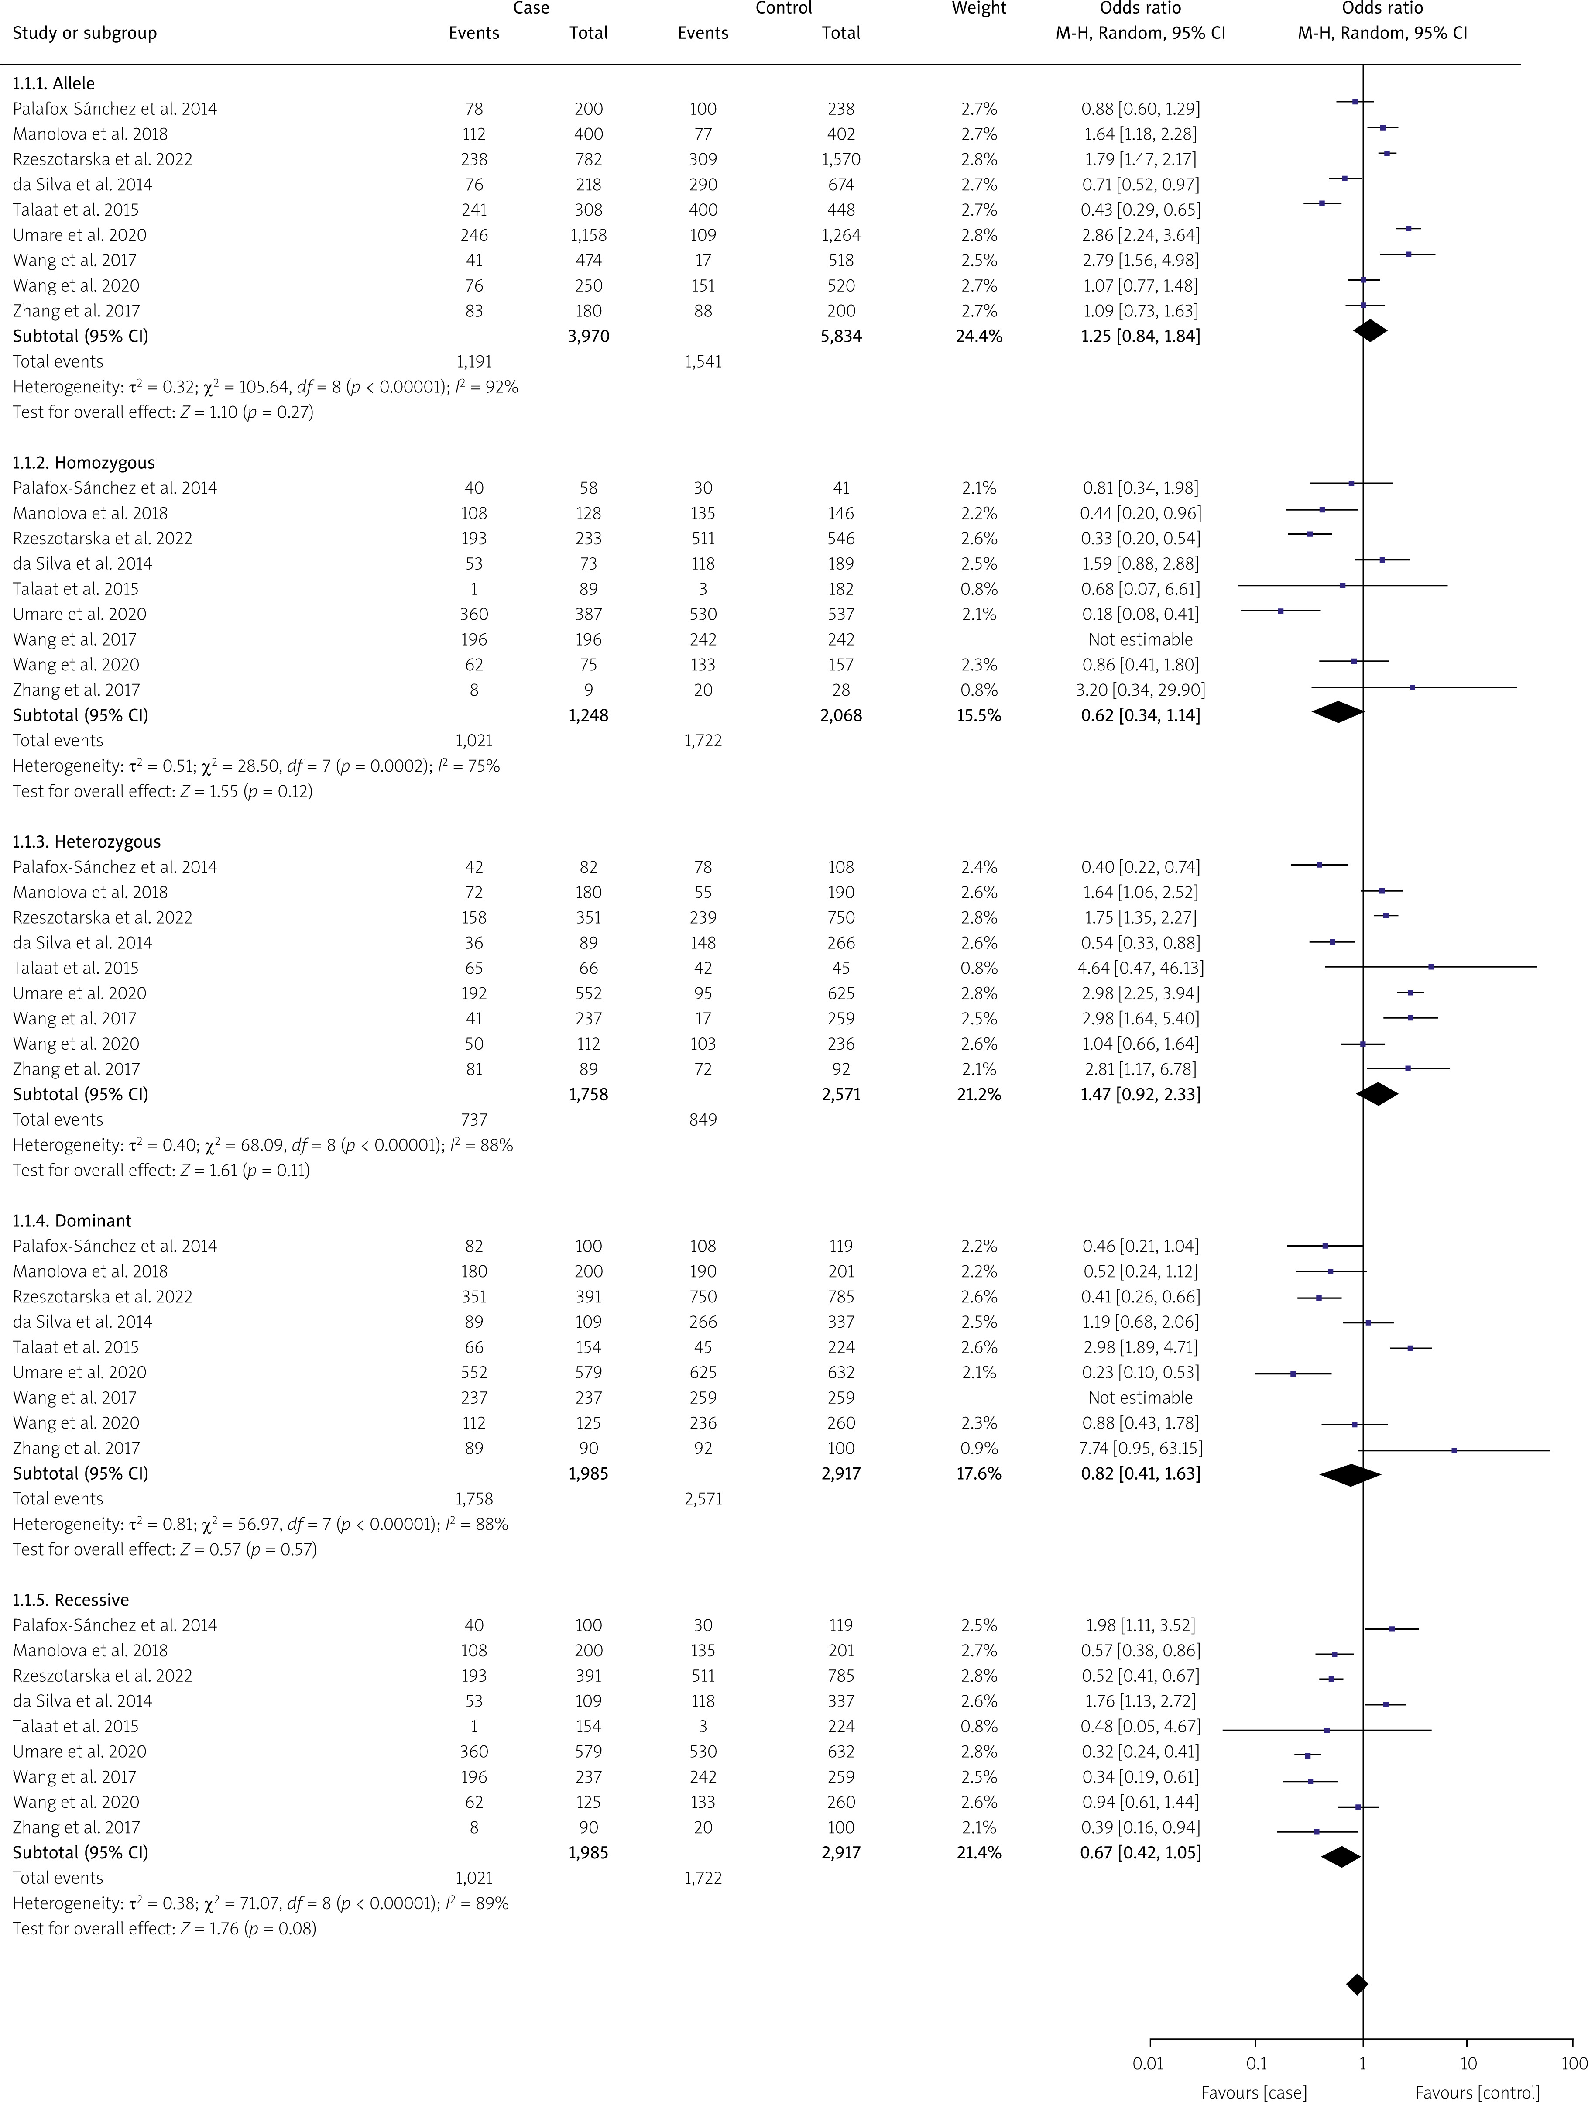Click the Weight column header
pyautogui.click(x=979, y=9)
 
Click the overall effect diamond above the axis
pyautogui.click(x=1357, y=1984)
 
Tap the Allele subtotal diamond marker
pyautogui.click(x=1369, y=331)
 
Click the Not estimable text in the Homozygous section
pyautogui.click(x=1140, y=639)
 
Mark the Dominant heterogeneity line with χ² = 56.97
pyautogui.click(x=261, y=1524)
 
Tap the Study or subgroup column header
pyautogui.click(x=85, y=33)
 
